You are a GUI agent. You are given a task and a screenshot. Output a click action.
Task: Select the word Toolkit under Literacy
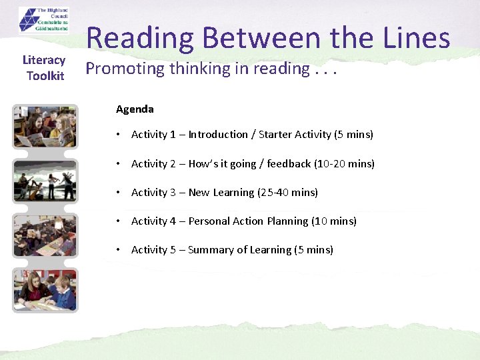(x=45, y=76)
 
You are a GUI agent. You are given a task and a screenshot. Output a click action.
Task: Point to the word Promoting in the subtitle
(x=125, y=68)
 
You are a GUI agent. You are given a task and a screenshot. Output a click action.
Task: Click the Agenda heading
(x=135, y=109)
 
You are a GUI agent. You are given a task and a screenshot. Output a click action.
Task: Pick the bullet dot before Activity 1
(x=118, y=135)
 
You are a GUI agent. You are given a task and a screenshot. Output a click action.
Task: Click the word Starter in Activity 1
(x=277, y=135)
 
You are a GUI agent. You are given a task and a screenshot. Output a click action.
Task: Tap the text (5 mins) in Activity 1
(x=353, y=135)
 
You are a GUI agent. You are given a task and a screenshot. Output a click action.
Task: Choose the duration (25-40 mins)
(x=288, y=193)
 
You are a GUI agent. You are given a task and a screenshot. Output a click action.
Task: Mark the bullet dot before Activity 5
(x=118, y=250)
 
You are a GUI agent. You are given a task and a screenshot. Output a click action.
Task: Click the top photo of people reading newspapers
(x=45, y=127)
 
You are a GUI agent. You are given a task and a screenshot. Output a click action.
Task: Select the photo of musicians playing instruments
(x=45, y=180)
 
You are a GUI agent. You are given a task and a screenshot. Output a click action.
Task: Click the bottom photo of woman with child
(x=45, y=289)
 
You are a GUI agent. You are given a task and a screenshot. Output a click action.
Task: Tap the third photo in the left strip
(x=45, y=235)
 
